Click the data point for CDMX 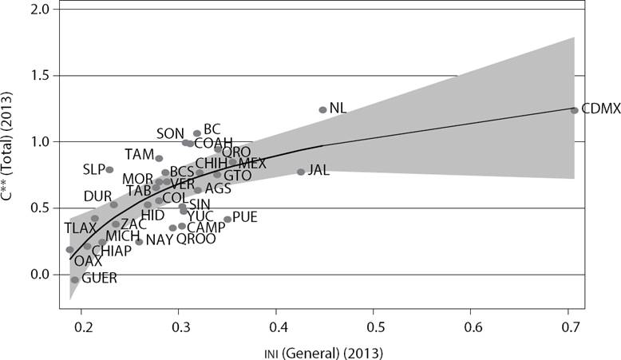575,110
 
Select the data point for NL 322,110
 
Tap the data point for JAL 301,172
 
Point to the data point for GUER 75,279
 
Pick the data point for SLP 109,170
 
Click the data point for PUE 227,219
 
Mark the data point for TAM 159,158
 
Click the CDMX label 600,109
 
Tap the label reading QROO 196,239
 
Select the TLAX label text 80,228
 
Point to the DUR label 97,196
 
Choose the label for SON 170,133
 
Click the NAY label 160,239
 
